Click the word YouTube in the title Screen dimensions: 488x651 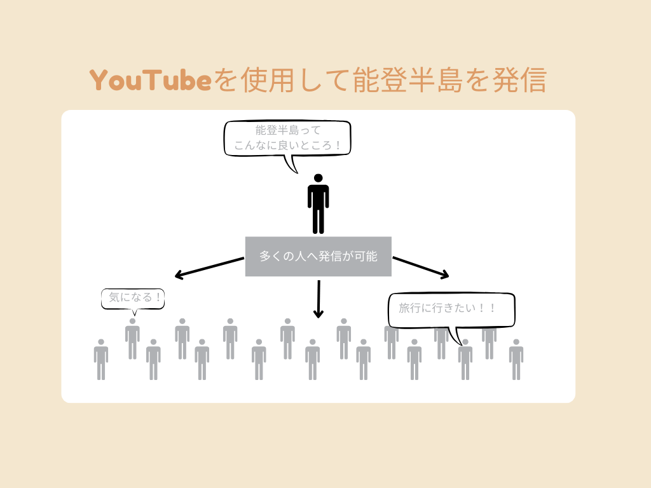150,81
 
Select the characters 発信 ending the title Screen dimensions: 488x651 520,81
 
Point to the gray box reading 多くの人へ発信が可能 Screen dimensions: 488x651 318,257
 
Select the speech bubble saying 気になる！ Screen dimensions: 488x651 133,298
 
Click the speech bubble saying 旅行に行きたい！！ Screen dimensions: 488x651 451,309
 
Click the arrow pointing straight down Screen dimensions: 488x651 319,299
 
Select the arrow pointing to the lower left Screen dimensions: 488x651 209,268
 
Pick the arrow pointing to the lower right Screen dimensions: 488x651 421,267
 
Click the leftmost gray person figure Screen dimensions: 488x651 101,360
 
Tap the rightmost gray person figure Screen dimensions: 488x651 516,360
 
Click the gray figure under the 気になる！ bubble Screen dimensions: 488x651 132,339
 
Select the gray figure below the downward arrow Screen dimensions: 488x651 312,360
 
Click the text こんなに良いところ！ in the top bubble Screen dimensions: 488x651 287,146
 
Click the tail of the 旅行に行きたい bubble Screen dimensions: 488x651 455,336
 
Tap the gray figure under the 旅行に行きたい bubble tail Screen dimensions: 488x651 465,360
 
